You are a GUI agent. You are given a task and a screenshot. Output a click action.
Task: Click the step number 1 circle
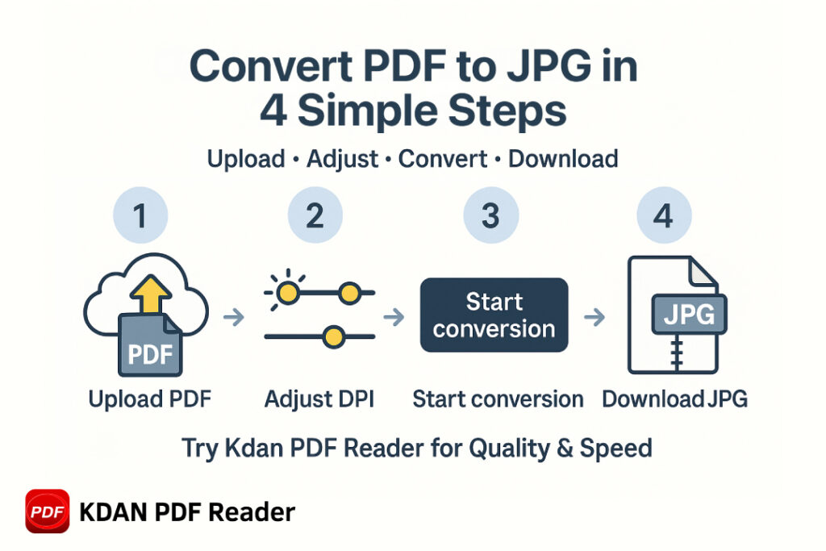coord(140,215)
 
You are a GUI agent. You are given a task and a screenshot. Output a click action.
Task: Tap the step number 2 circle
coord(315,215)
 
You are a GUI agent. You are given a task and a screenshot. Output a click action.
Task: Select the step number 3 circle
coord(491,215)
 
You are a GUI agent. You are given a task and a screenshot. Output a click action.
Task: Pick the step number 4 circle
coord(664,215)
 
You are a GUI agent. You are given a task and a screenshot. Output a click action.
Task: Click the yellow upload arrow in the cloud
coord(151,294)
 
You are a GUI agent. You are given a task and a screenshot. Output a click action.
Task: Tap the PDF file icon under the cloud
coord(150,345)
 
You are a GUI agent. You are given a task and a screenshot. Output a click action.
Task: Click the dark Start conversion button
coord(494,315)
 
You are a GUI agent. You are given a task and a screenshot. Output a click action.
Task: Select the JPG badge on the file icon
coord(689,315)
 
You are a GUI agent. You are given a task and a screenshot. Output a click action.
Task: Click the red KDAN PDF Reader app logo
coord(48,511)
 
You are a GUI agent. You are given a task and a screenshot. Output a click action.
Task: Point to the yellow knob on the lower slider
coord(333,336)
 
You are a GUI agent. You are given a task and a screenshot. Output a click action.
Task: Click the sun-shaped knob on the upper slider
coord(288,292)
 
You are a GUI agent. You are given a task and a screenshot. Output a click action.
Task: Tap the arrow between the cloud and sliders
coord(234,317)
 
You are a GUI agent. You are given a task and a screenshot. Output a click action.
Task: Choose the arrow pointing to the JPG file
coord(594,317)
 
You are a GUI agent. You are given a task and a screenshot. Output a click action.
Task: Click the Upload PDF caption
coord(150,399)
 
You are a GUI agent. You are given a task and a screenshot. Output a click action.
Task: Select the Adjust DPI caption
coord(319,399)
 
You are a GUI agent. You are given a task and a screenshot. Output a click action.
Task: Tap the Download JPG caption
coord(675,399)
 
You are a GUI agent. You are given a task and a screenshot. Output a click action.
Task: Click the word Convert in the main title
coord(271,66)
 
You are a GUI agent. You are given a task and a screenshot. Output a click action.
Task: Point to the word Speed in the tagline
coord(615,449)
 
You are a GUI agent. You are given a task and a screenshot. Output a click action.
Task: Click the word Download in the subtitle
coord(563,159)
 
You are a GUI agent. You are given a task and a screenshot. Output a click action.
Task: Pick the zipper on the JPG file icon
coord(677,353)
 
